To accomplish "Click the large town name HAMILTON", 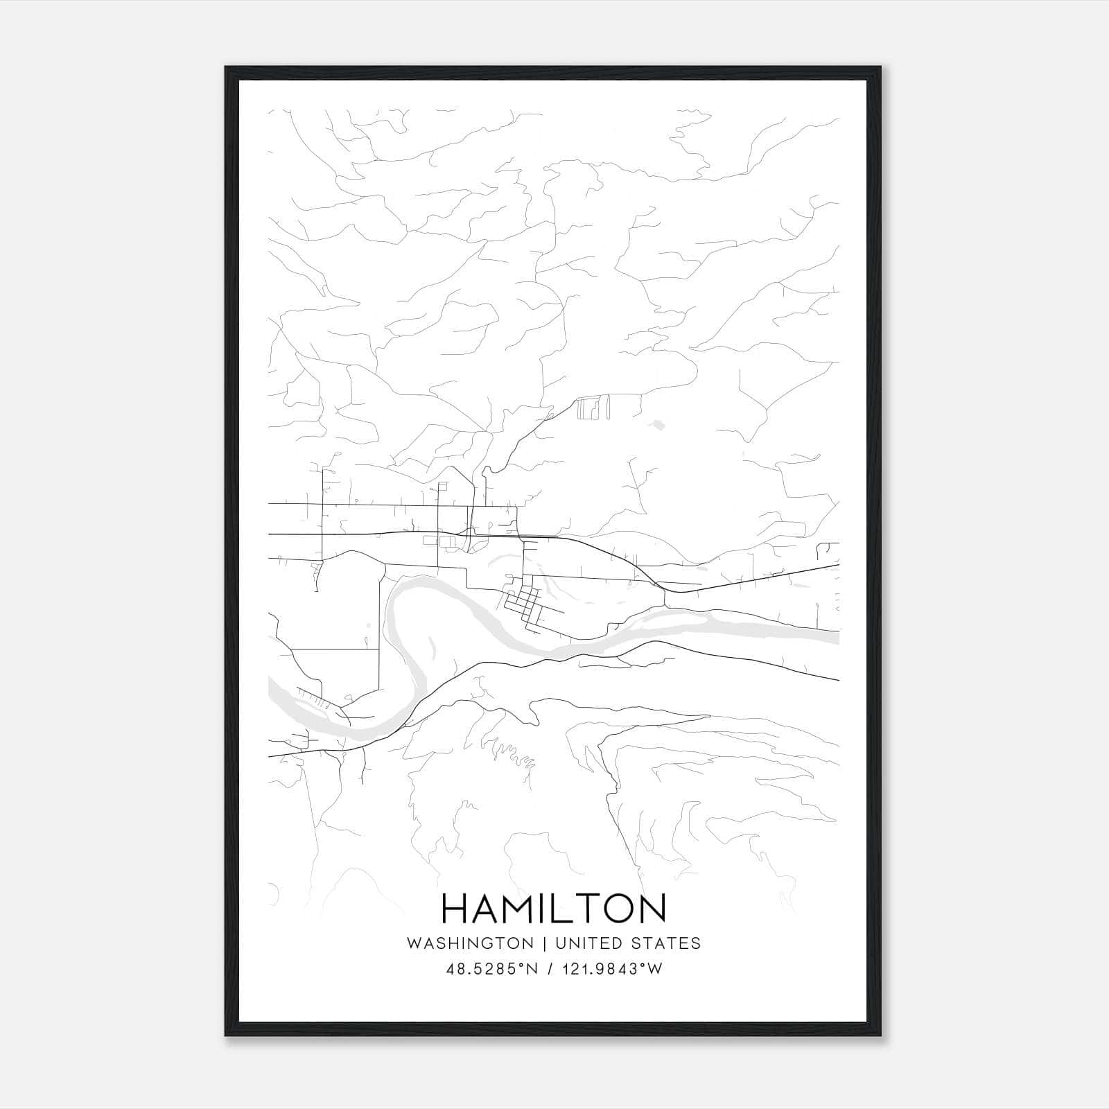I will pyautogui.click(x=553, y=909).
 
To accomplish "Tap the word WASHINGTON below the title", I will pyautogui.click(x=470, y=943).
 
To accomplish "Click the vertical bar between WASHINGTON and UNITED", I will pyautogui.click(x=544, y=943).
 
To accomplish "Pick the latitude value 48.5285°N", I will pyautogui.click(x=492, y=969).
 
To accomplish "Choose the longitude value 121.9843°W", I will pyautogui.click(x=612, y=969).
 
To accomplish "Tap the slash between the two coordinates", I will pyautogui.click(x=550, y=969).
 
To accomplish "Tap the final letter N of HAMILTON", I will pyautogui.click(x=652, y=909).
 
